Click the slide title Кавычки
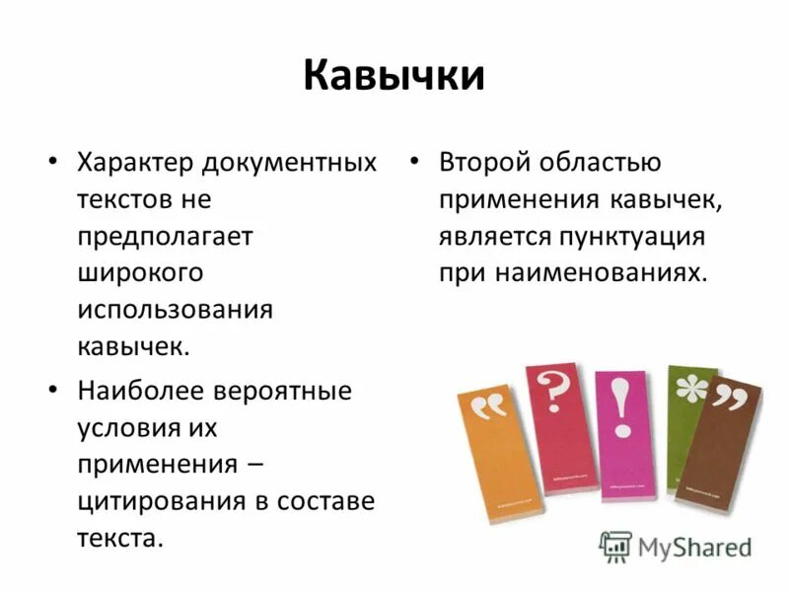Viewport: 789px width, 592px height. [394, 76]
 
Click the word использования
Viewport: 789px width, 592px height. [175, 309]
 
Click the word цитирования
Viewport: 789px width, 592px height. [153, 500]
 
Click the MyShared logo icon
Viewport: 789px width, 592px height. [615, 546]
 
